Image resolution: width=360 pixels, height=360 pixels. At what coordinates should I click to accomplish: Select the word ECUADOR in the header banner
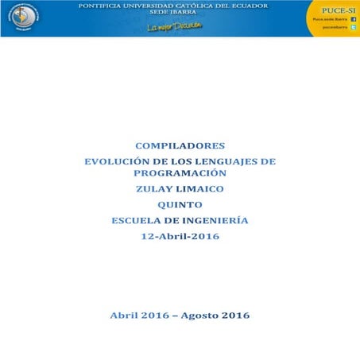247,6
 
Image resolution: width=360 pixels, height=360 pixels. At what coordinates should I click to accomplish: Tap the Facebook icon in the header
353,17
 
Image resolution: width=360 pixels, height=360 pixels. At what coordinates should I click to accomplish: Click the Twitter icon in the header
353,27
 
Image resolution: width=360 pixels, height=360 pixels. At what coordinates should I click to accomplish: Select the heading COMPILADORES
180,145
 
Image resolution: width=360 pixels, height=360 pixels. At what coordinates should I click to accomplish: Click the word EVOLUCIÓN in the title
118,161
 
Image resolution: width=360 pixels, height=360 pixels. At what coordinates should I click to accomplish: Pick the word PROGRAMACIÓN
180,172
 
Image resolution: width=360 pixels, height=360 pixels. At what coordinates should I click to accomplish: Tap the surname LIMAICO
199,189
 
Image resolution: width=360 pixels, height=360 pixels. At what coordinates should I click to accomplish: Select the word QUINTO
180,205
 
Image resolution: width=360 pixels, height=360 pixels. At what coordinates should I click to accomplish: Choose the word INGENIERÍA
214,220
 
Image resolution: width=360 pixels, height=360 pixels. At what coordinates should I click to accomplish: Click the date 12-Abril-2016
180,236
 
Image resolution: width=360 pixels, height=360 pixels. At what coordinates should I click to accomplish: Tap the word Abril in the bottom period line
126,315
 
